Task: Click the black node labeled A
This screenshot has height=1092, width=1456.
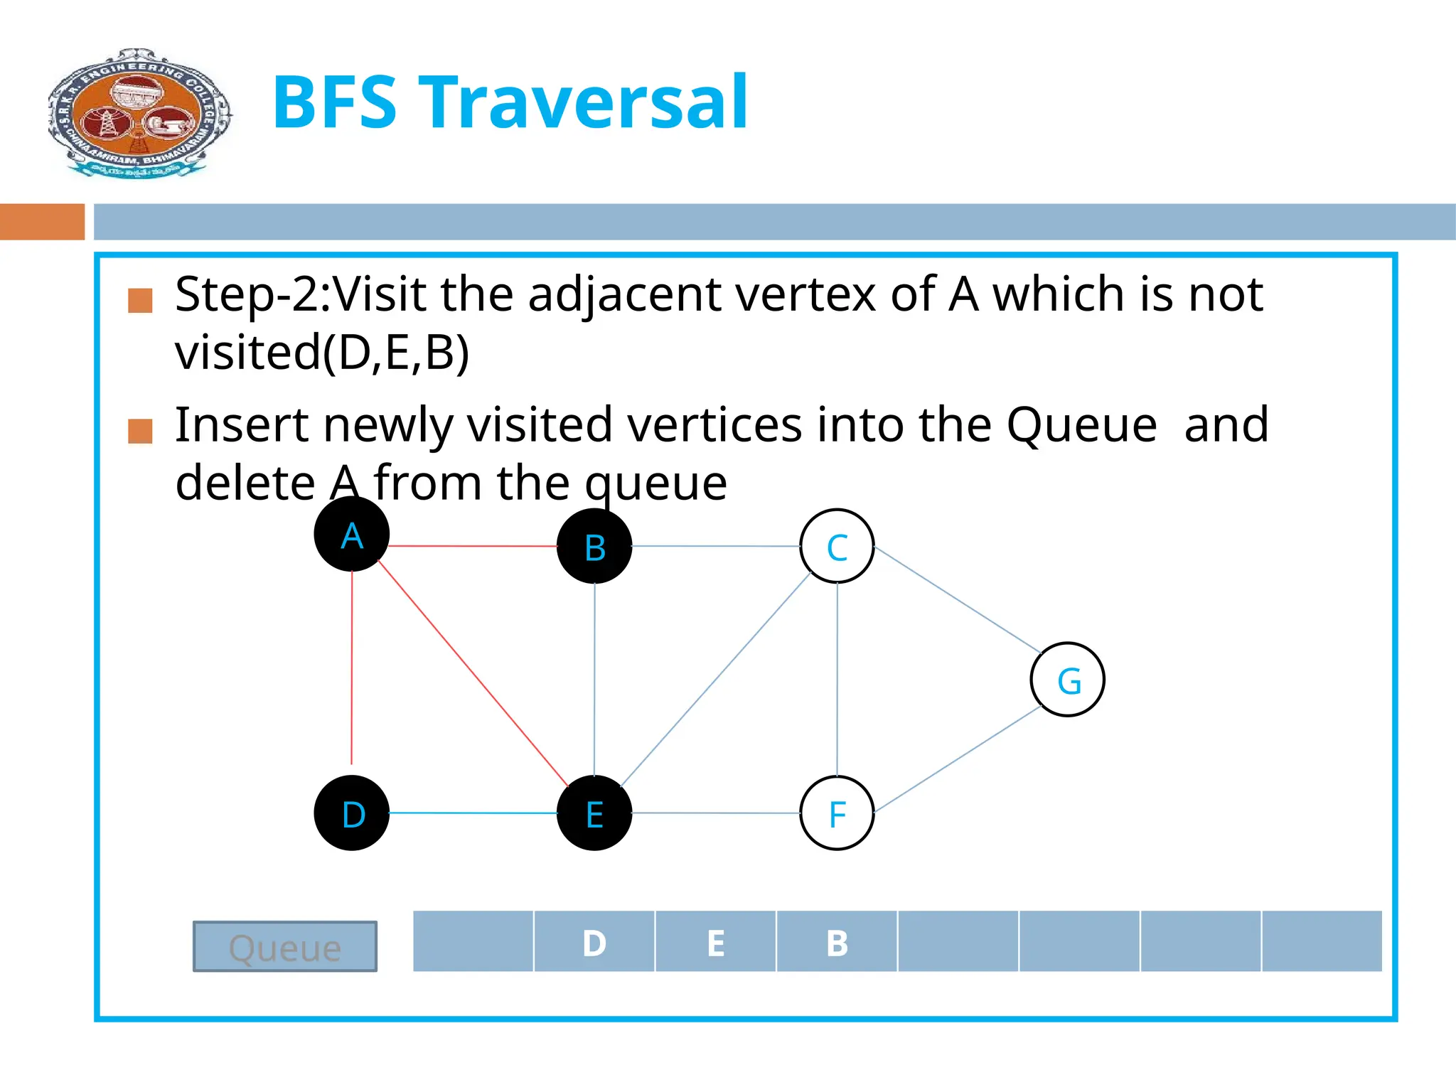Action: tap(351, 534)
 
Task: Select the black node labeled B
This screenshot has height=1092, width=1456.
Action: tap(594, 547)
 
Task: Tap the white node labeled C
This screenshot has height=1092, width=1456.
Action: tap(837, 547)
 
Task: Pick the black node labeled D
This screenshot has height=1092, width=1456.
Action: tap(351, 813)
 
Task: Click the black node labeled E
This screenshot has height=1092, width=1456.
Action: tap(594, 813)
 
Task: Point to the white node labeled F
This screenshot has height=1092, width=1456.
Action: tap(837, 813)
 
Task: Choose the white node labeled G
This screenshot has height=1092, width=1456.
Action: tap(1067, 680)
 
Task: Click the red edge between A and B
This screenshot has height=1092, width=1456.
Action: tap(473, 546)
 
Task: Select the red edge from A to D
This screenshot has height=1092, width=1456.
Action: tap(352, 668)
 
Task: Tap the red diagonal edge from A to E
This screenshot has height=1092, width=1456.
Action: tap(473, 673)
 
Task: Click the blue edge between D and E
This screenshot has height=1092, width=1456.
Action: tap(473, 813)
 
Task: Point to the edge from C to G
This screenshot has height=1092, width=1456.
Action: tap(958, 599)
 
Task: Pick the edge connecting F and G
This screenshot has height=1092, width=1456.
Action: tap(958, 759)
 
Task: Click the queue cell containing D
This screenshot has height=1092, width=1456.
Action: tap(594, 941)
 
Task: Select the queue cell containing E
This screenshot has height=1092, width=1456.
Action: tap(715, 941)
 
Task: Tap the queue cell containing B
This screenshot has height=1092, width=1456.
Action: tap(837, 941)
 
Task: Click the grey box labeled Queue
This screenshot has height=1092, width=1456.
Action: tap(285, 946)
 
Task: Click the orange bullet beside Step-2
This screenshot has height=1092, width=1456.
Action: tap(140, 300)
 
